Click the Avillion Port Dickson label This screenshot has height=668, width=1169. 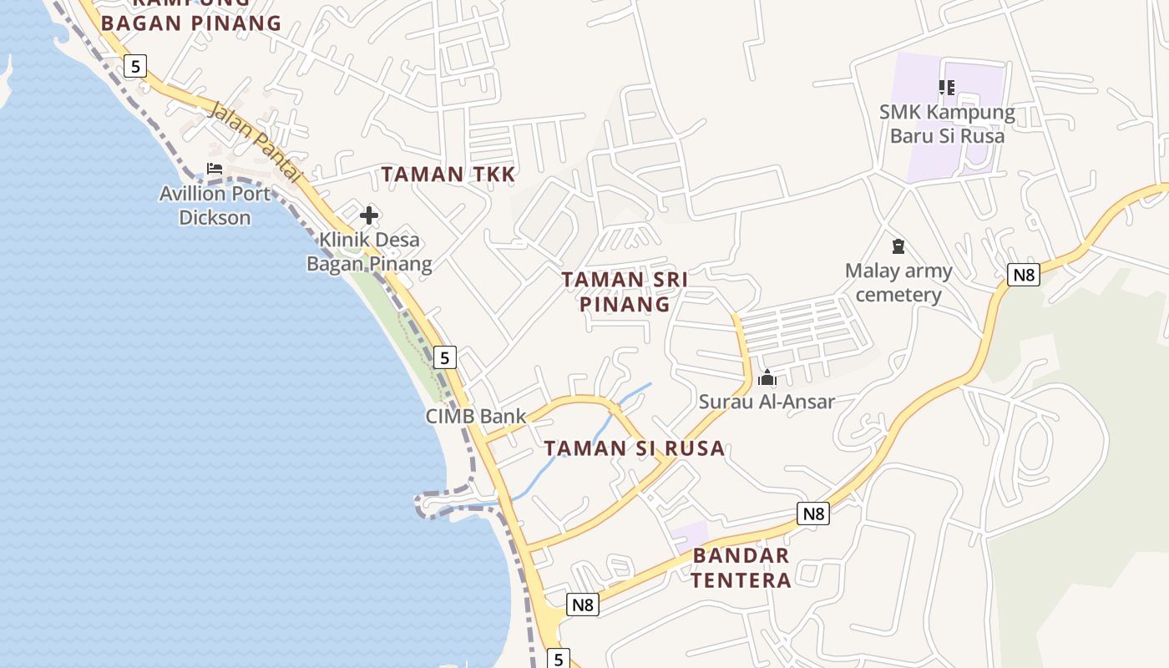coord(215,205)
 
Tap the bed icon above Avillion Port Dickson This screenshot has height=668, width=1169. coord(215,169)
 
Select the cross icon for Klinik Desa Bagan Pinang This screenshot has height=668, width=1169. coord(368,215)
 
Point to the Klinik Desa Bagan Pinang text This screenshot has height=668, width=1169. coord(368,252)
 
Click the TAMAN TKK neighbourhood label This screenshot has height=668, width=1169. coord(448,175)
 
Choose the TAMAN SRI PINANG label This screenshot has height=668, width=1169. coord(625,291)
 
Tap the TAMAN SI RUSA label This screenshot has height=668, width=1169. coord(635,448)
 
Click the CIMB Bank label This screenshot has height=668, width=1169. coord(476,416)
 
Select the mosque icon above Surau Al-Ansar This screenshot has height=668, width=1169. coord(767,378)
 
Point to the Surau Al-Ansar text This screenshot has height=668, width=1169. coord(767,402)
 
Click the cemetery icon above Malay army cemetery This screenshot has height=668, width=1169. coord(898,246)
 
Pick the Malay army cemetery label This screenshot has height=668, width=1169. coord(898,282)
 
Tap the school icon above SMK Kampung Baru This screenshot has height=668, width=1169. coord(946,88)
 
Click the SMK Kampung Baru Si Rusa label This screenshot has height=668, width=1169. coord(947,124)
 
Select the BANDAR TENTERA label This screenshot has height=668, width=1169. coord(741,568)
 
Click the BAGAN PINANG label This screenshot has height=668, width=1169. coord(191,23)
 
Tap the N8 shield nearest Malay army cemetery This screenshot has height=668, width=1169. coord(1023,275)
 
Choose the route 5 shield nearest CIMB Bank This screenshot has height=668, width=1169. coord(445,357)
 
